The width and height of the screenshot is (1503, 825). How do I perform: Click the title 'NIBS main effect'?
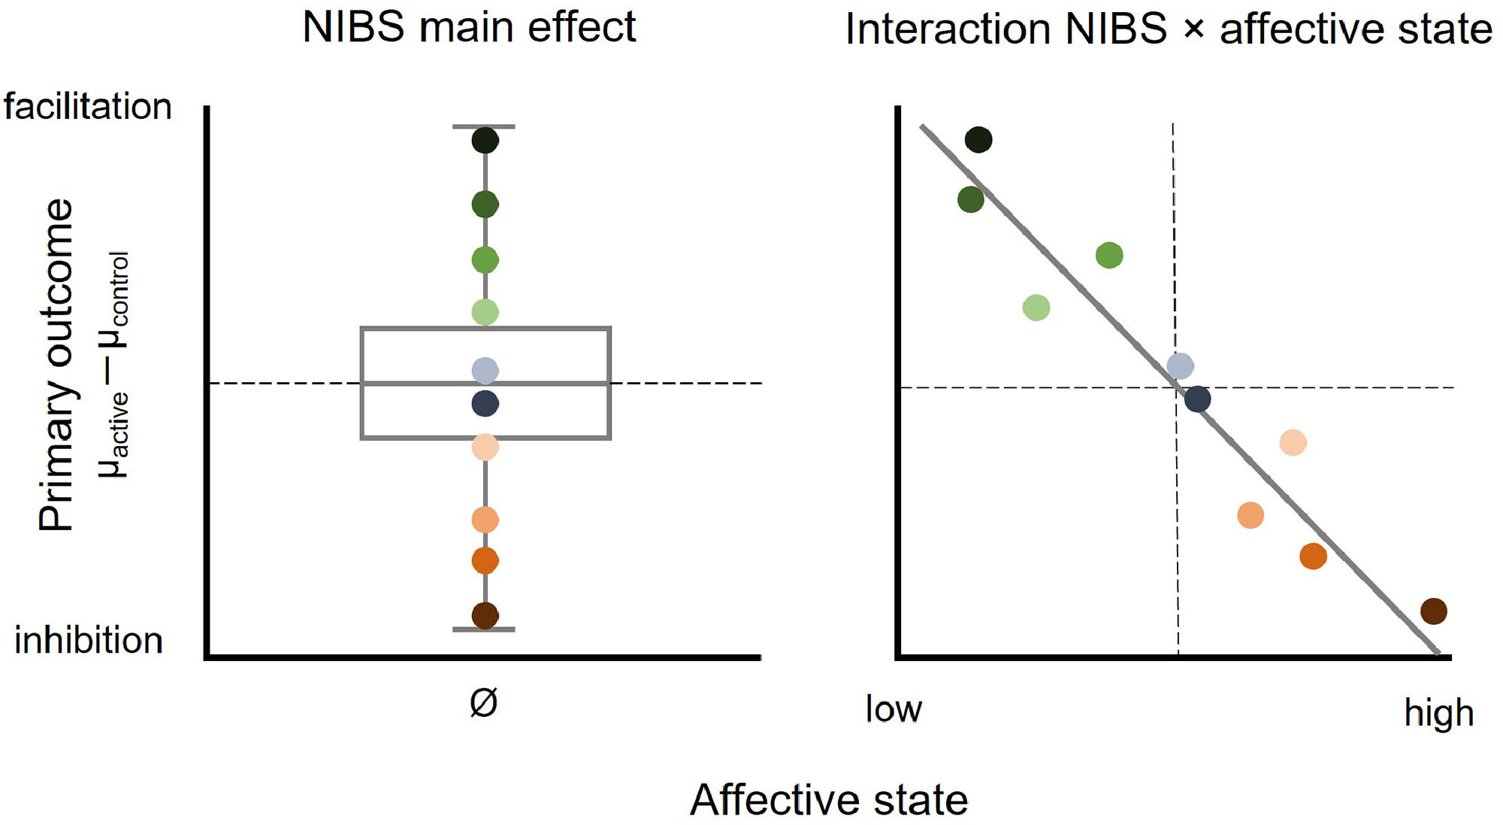click(x=469, y=27)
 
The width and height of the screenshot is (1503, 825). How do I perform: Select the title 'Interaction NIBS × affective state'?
click(x=1168, y=30)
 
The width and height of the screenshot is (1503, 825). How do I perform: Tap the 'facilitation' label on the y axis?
click(x=88, y=106)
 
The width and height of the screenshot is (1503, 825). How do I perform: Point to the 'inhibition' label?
click(x=89, y=641)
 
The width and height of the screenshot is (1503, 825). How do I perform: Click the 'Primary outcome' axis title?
click(x=57, y=365)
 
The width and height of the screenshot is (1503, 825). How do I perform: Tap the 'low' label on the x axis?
click(x=894, y=708)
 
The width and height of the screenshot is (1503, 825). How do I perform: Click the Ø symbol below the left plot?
click(x=483, y=703)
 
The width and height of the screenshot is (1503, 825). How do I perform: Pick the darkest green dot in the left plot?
click(x=485, y=141)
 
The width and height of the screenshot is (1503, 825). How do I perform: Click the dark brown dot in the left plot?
click(x=485, y=615)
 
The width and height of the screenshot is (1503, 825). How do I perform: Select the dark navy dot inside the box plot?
click(x=485, y=404)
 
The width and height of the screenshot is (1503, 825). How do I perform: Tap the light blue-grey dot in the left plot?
click(x=485, y=370)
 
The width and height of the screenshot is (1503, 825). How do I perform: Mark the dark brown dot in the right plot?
click(x=1434, y=611)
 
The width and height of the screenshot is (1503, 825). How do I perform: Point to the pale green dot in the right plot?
click(x=1036, y=308)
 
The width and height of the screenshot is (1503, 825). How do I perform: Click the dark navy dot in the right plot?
click(x=1197, y=399)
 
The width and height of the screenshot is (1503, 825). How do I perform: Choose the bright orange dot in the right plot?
click(x=1313, y=557)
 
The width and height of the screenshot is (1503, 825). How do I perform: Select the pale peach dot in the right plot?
click(x=1293, y=443)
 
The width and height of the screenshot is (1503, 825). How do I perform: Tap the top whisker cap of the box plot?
click(x=484, y=127)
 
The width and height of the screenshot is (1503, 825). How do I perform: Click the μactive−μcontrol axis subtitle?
click(x=114, y=365)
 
